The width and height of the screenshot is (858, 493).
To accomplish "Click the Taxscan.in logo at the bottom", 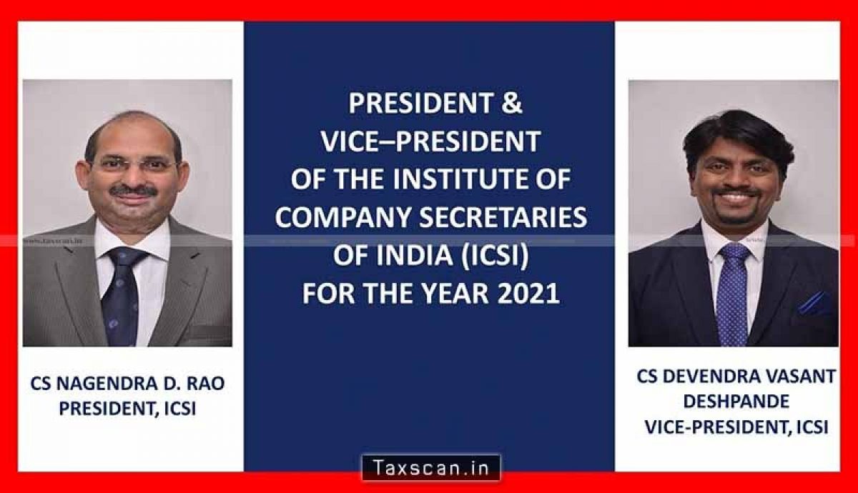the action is pyautogui.click(x=431, y=467).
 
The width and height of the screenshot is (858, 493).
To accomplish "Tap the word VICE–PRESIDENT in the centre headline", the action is pyautogui.click(x=430, y=141).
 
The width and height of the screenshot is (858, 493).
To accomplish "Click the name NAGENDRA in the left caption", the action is pyautogui.click(x=106, y=384).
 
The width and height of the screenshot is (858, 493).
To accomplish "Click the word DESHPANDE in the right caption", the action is pyautogui.click(x=736, y=402).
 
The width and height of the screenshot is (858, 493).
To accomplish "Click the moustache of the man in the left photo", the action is pyautogui.click(x=134, y=191).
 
